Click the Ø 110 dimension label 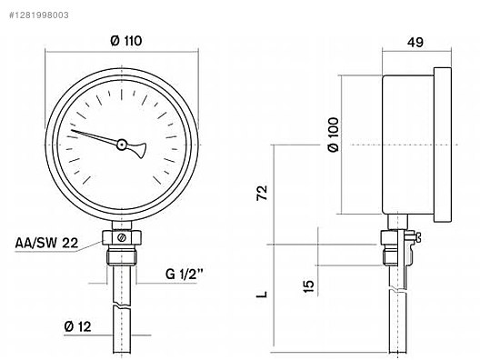[126, 41]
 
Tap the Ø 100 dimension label [334, 135]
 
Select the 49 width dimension [415, 42]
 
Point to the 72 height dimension [262, 193]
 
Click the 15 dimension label [308, 286]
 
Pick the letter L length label [262, 295]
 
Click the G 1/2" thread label [185, 274]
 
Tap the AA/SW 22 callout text [47, 243]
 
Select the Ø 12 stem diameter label [78, 327]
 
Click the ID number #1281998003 [39, 15]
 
